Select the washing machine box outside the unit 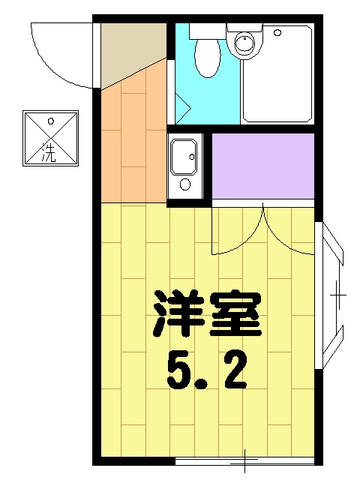pos(50,138)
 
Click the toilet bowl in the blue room pos(205,57)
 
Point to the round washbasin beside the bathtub pos(244,43)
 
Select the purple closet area pos(262,165)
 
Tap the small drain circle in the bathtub pos(277,33)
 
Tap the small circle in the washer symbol pos(50,120)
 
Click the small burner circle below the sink pos(184,184)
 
